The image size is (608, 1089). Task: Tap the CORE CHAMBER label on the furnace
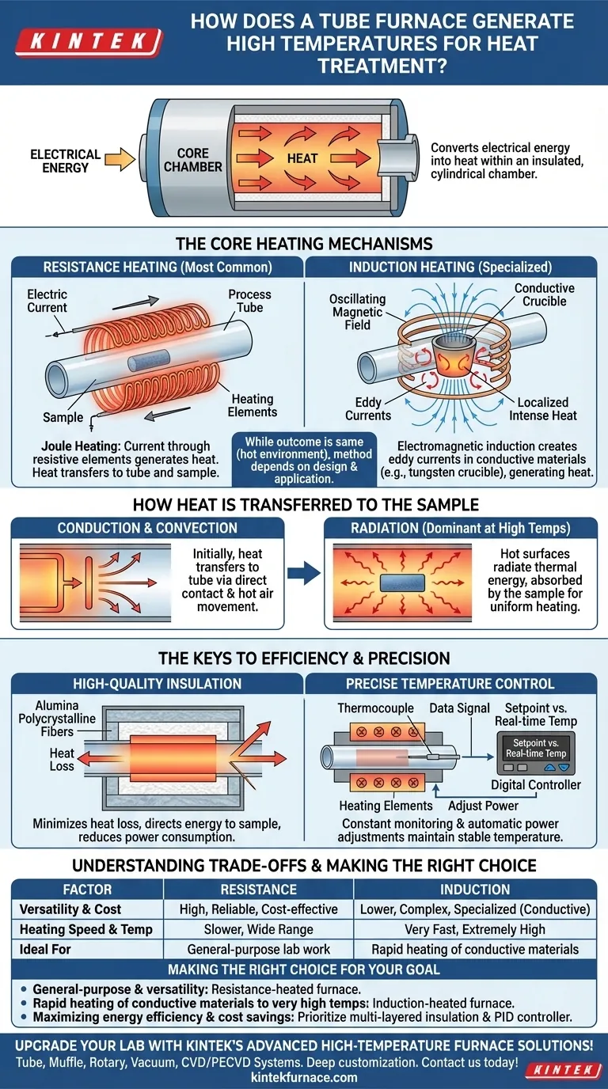pos(192,160)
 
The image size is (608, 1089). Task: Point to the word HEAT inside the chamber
pos(302,158)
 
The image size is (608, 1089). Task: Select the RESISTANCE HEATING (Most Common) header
pos(157,268)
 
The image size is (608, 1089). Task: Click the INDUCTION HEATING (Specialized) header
pos(450,268)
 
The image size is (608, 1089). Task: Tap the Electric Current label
pos(47,301)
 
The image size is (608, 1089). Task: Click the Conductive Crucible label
pos(544,294)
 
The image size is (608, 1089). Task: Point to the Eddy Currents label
pos(368,408)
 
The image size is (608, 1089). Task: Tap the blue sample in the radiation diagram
pos(404,582)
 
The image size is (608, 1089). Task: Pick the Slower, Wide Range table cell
pos(258,929)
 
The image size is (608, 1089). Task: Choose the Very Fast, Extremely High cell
pos(475,929)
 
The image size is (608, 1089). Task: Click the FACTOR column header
pos(87,889)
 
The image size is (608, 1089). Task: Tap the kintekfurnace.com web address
pos(304,1076)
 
